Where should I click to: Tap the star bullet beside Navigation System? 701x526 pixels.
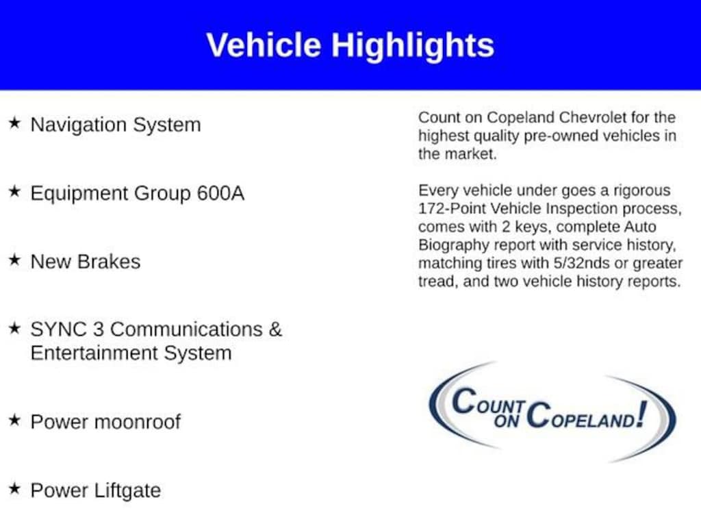(15, 123)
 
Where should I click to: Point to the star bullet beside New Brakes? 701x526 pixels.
(15, 260)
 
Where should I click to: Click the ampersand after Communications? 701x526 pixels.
(275, 329)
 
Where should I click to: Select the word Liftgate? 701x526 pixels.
(127, 491)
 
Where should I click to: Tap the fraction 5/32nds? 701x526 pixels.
(582, 263)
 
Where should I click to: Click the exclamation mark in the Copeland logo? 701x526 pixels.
(642, 414)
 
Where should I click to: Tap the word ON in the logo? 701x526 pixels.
(507, 421)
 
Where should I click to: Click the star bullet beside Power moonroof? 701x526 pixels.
(15, 420)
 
